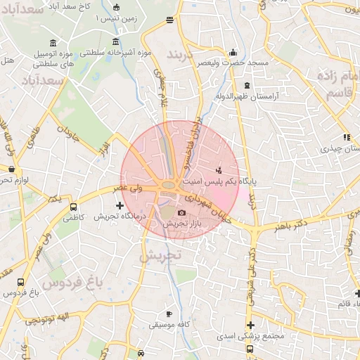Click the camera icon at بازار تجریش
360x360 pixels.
[182, 212]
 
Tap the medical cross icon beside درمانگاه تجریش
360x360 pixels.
[120, 206]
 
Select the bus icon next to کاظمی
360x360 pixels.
[73, 207]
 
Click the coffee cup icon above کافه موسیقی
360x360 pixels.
[168, 314]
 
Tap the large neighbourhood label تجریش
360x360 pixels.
[161, 256]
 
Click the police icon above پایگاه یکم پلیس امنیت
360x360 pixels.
[219, 169]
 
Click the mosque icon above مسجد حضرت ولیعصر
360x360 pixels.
[233, 52]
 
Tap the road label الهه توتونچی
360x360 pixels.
[43, 320]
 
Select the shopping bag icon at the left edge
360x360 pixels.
[12, 169]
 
